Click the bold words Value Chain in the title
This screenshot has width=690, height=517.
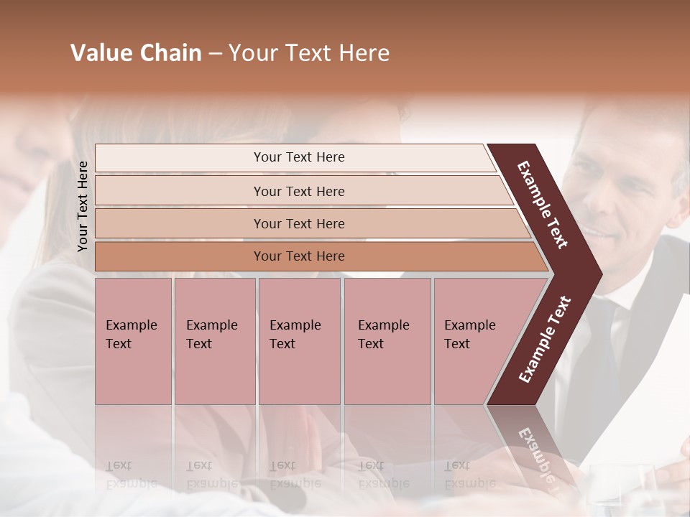(x=136, y=53)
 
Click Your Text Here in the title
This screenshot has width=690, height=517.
(x=309, y=53)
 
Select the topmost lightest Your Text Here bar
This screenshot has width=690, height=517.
(x=298, y=157)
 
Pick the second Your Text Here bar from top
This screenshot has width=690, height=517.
(x=298, y=191)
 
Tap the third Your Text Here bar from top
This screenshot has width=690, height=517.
(x=298, y=223)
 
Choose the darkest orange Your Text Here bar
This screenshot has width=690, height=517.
(x=298, y=256)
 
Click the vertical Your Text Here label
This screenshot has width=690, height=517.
(x=83, y=206)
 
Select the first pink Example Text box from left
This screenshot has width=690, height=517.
(x=133, y=340)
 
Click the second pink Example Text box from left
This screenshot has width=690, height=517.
(x=214, y=340)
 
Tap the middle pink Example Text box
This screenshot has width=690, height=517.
(x=299, y=340)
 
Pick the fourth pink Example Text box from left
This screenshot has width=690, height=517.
(x=387, y=340)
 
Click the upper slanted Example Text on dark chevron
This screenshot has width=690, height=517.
(x=543, y=205)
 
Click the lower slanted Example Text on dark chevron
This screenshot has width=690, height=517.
(x=545, y=339)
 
